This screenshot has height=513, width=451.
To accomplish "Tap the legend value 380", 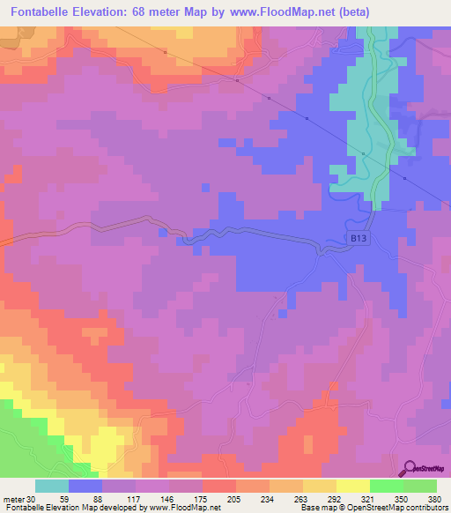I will pos(435,499).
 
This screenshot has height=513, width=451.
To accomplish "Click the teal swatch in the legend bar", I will pos(52,486).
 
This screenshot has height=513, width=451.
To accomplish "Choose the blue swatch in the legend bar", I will pos(85,486).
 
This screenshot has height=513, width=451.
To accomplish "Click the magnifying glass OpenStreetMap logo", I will pos(409,468).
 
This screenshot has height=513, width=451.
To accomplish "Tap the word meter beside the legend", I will pos(12,499).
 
